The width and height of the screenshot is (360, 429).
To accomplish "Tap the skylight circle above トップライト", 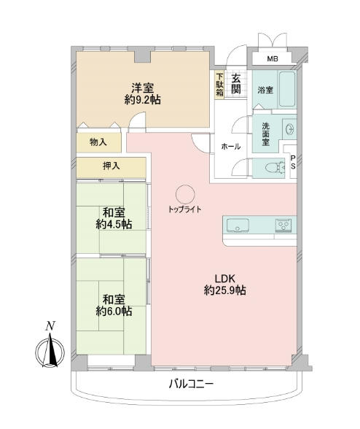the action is point(185,194).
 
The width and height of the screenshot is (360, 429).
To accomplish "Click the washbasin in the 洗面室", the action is point(290,128).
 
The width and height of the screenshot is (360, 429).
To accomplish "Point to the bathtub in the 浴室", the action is point(287,89).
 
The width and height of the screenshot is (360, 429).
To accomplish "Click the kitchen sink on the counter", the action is point(238,225).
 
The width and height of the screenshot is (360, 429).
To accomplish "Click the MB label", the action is point(273,58).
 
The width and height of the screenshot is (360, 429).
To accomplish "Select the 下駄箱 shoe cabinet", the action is point(219,85).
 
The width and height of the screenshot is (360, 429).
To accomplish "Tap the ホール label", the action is point(231,147).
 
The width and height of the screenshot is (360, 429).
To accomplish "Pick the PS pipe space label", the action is point(293,163).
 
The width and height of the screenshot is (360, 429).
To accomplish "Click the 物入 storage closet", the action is point(98,142).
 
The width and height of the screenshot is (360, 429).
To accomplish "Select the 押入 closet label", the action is point(111,166).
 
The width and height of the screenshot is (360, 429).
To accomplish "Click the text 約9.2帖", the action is point(142,100).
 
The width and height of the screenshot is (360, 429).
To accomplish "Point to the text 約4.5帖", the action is point(114,225).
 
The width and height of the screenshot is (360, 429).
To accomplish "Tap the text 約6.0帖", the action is point(114,311).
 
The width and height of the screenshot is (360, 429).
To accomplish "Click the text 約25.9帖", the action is point(224,290).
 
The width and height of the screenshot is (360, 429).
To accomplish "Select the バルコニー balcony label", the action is point(191,384).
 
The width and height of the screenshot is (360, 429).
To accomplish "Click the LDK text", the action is point(225,279).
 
